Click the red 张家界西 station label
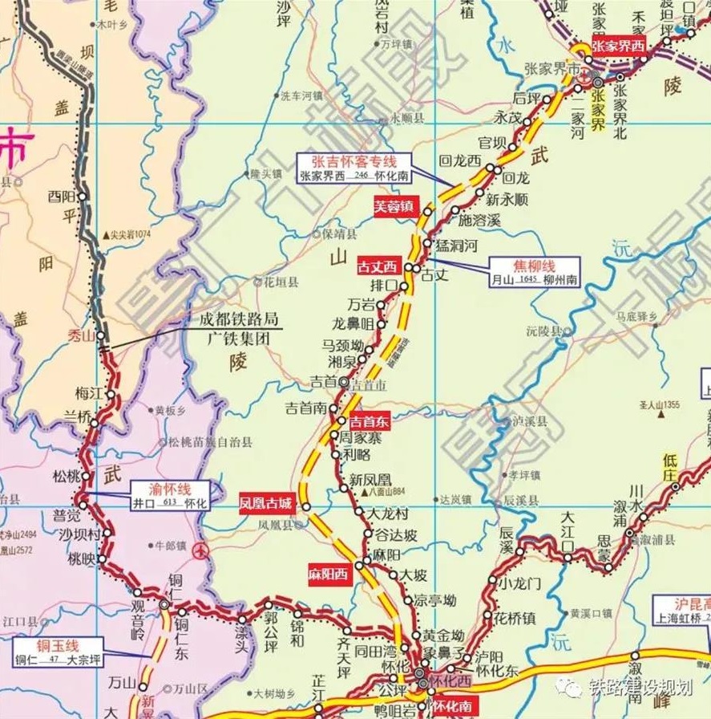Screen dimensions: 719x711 click(617, 46)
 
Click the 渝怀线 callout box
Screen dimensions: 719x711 click(170, 496)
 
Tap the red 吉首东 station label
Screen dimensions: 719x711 click(369, 420)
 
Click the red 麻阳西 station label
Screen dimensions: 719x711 click(329, 575)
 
